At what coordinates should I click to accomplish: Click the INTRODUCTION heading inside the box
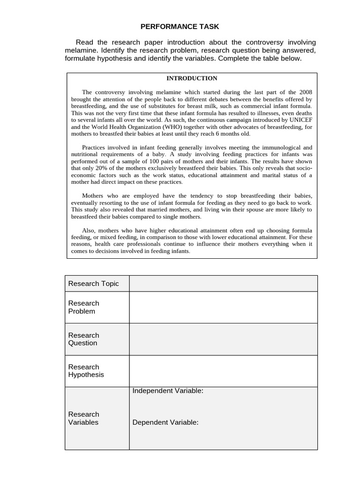pos(191,78)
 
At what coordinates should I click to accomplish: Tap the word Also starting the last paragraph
pos(89,230)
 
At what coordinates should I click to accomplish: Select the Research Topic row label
pos(94,284)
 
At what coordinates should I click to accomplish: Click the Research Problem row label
pos(84,307)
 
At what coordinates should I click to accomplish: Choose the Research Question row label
pos(84,339)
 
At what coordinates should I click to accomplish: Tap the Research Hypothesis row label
pos(86,371)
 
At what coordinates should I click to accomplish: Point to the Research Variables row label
pos(84,418)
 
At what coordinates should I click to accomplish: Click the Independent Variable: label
pos(168,391)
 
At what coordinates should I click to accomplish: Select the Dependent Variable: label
pos(165,422)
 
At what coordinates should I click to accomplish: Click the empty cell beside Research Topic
pos(223,284)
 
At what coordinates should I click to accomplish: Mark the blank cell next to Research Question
pos(223,339)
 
